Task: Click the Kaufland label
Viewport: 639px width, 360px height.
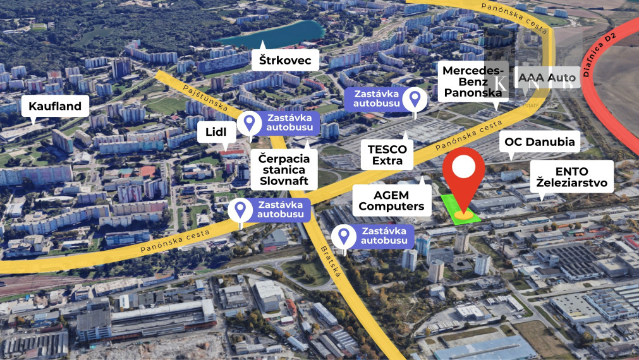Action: [x=55, y=106]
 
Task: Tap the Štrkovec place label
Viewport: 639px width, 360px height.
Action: [x=284, y=61]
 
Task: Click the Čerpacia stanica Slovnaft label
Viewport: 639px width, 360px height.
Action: [x=284, y=169]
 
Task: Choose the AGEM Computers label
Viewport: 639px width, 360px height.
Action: [x=392, y=200]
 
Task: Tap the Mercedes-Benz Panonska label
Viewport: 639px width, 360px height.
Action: [x=473, y=81]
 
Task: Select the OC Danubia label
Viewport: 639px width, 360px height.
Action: [x=540, y=142]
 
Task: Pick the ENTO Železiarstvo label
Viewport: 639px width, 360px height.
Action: [x=571, y=177]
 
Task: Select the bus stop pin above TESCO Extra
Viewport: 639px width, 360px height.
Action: [x=415, y=99]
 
